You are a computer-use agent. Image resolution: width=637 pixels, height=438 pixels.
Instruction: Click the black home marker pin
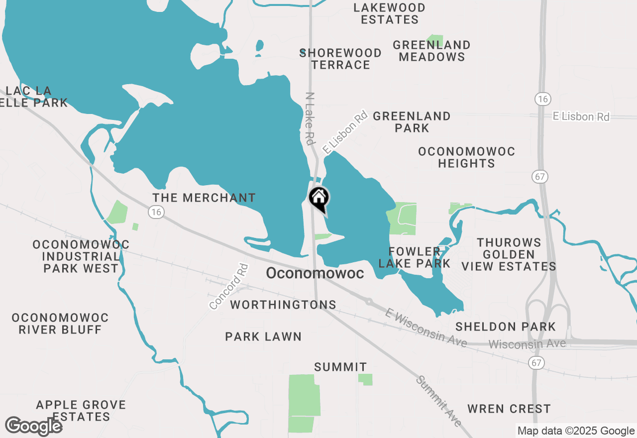click(318, 199)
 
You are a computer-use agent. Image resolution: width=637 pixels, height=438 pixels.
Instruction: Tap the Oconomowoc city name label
click(315, 273)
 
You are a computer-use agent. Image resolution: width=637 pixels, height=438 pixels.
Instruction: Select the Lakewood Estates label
click(390, 14)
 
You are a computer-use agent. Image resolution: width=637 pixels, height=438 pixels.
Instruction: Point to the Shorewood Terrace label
click(340, 59)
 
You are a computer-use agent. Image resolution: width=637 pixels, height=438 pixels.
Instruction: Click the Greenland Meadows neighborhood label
click(431, 51)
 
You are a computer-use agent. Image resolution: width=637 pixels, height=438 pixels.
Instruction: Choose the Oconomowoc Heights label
click(466, 157)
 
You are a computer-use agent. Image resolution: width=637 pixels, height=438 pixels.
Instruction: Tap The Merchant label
click(204, 198)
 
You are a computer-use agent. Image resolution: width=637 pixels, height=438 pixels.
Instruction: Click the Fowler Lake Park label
click(414, 257)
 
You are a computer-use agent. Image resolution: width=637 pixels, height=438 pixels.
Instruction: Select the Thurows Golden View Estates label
click(509, 254)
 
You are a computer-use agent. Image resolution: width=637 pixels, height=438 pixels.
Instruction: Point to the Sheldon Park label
click(506, 327)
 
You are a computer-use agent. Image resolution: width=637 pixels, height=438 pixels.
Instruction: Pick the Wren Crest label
click(509, 409)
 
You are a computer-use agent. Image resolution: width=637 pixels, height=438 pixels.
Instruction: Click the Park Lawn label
click(263, 336)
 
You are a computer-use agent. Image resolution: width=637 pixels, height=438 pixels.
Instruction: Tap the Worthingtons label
click(283, 304)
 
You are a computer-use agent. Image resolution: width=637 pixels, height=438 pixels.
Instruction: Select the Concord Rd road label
click(228, 286)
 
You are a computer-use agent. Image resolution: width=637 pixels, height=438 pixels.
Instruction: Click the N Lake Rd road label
click(311, 118)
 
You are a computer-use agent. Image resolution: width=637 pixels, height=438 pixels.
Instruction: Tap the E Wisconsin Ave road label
click(426, 328)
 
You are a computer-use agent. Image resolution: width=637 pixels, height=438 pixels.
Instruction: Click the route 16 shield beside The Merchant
click(156, 212)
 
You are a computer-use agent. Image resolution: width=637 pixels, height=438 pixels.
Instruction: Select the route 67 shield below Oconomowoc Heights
click(539, 176)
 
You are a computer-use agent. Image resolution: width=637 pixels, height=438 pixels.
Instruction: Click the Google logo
click(34, 426)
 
